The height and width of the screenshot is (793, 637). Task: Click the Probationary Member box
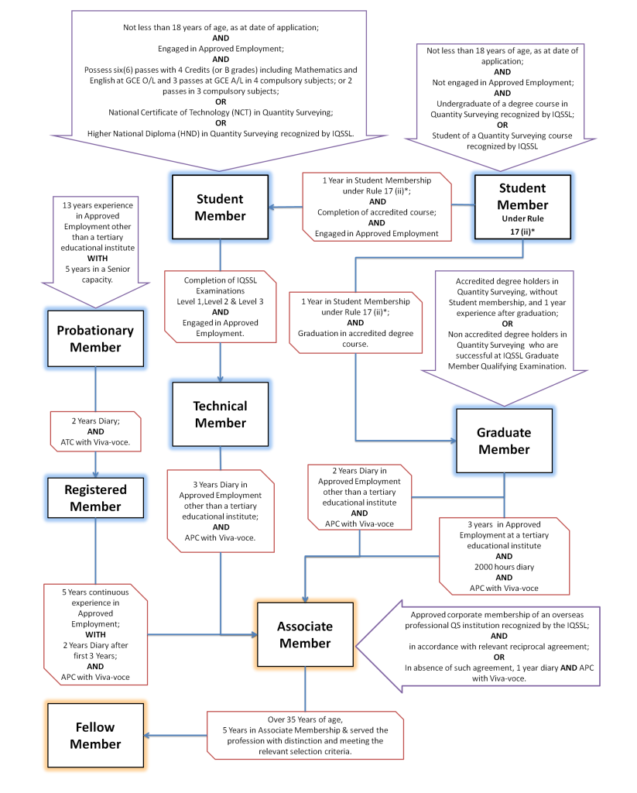tap(95, 338)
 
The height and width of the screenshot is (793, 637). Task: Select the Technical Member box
tap(221, 414)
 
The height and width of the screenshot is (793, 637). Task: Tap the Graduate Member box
tap(504, 441)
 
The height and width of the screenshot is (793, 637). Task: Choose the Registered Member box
tap(95, 498)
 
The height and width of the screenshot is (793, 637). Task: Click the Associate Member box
tap(306, 634)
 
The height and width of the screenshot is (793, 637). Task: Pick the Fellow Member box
tap(95, 736)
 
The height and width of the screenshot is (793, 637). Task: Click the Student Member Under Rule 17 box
tap(522, 207)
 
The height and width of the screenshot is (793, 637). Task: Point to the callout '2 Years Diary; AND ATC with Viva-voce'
tap(95, 431)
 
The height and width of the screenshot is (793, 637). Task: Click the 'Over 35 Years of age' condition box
tap(306, 736)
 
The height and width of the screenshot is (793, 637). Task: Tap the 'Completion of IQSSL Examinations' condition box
tap(221, 307)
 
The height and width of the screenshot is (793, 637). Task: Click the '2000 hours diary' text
tap(504, 567)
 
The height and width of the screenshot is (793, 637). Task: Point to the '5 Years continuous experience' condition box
tap(95, 635)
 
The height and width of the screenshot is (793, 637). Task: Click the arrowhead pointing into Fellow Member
tap(147, 736)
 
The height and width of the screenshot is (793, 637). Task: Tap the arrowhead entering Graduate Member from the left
tap(453, 441)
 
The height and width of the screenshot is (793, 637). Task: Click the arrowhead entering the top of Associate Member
tap(306, 599)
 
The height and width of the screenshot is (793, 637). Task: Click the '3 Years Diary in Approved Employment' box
tap(221, 511)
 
